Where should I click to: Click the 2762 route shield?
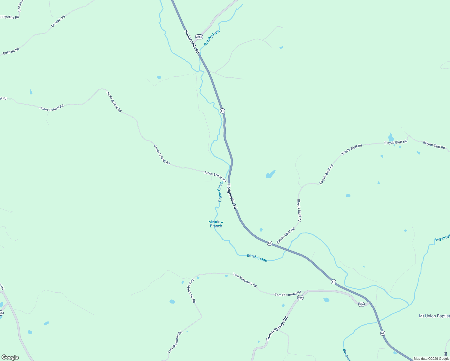coord(199,37)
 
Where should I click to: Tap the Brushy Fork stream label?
coord(212,38)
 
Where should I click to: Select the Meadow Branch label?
coord(216,224)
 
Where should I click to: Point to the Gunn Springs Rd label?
coord(277,329)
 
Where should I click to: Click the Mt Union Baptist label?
coord(434,316)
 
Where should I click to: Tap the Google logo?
coord(10,357)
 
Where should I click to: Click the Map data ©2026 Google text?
coord(431,359)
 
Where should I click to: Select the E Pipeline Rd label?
coord(9,17)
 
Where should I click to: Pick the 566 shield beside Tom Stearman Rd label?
coord(300,298)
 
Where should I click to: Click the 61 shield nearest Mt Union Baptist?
coord(382,333)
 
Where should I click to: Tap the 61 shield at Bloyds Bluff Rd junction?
coord(270,243)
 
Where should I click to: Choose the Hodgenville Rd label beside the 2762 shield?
coord(192,42)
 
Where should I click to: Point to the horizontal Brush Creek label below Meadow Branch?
coord(257,258)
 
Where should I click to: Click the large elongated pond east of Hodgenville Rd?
coord(270,174)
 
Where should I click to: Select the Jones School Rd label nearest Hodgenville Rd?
coord(215,176)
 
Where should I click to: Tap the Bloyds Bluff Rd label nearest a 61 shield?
coord(286,236)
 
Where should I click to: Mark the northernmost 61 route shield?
coord(222,111)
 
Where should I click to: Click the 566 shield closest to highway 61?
coord(361,304)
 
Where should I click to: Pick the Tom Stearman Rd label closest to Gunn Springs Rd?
coord(288,294)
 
